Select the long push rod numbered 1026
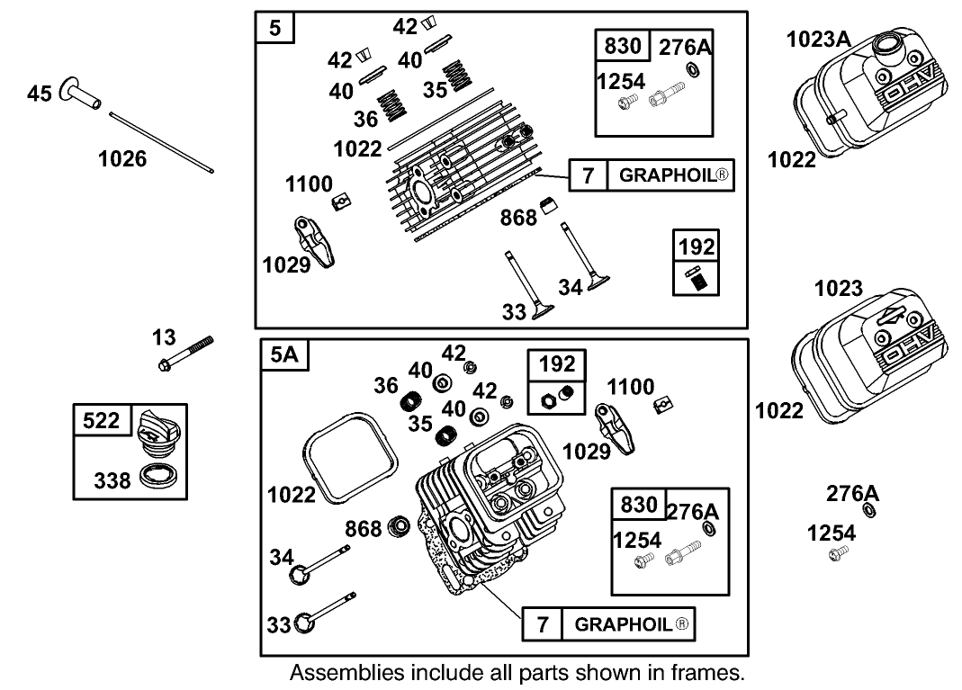click(x=163, y=141)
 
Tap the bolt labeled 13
click(x=186, y=354)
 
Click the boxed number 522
click(x=102, y=420)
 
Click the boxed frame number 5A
click(x=283, y=355)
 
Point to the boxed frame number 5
click(x=275, y=28)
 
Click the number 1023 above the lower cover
click(x=838, y=289)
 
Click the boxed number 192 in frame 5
click(x=697, y=246)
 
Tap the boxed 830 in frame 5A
click(x=638, y=505)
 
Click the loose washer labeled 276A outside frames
click(x=870, y=511)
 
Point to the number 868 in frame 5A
click(x=364, y=529)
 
